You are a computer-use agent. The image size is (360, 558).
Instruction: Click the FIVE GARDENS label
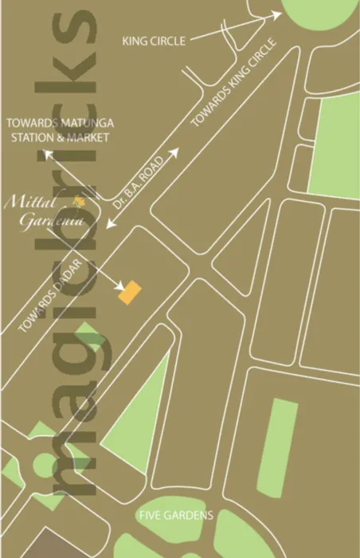click(177, 515)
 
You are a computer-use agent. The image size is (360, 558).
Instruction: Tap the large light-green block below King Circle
click(335, 147)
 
